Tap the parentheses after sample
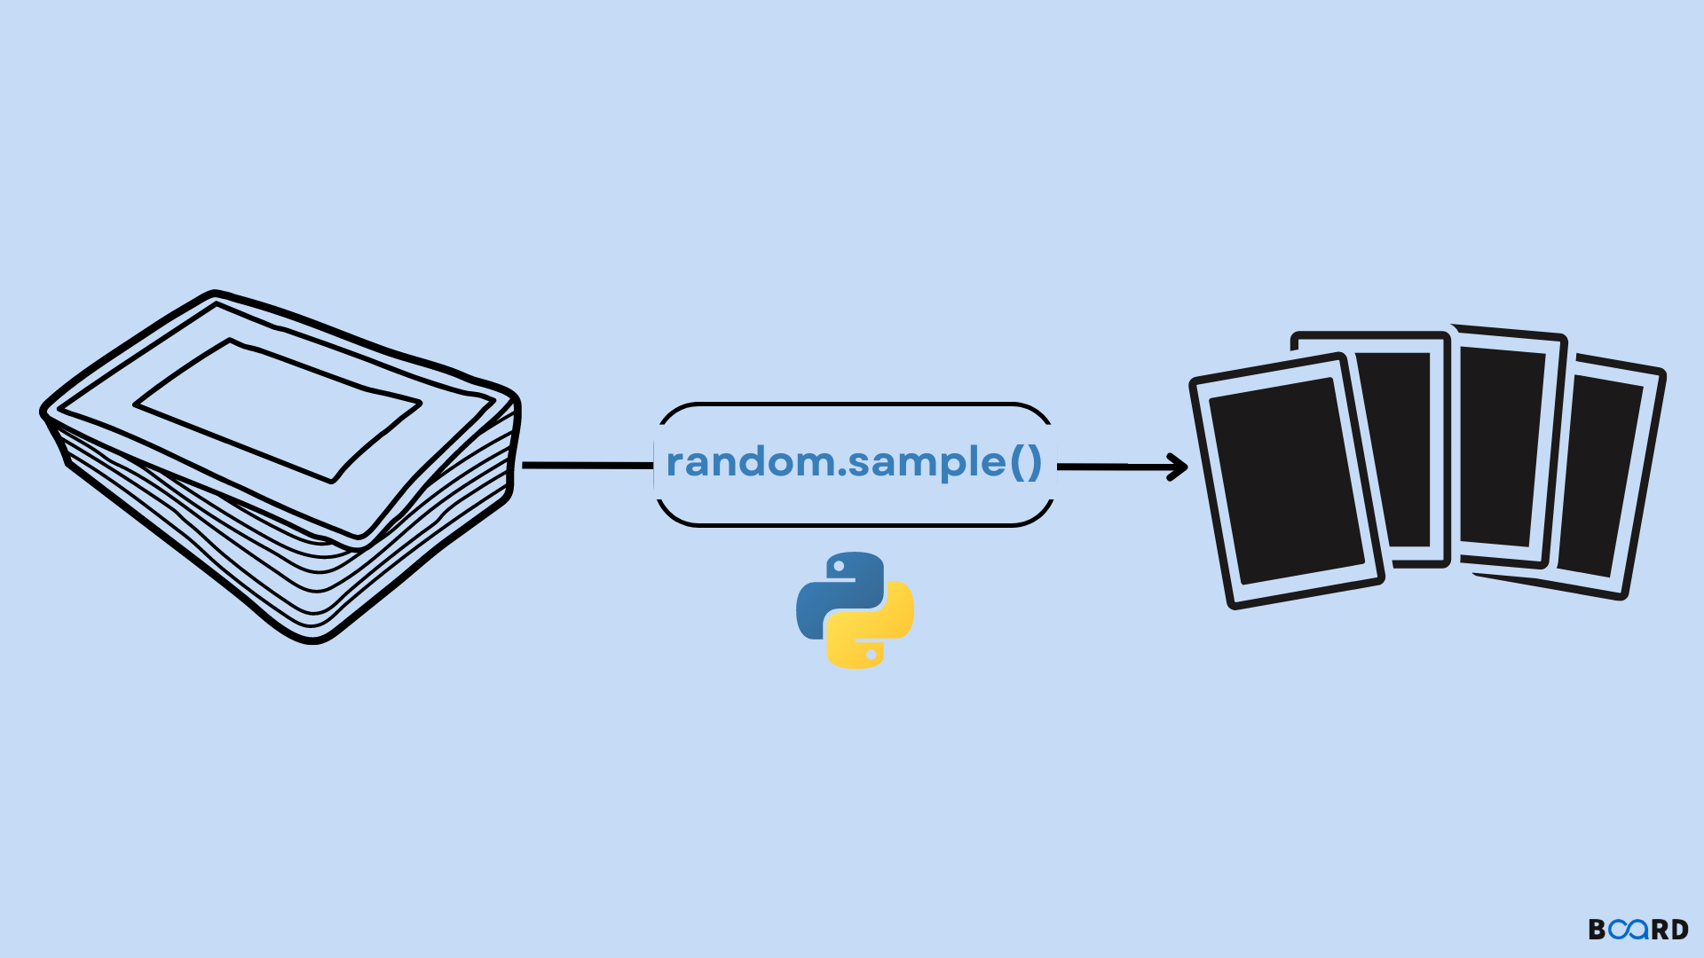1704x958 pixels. click(1025, 462)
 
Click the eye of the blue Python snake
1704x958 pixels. click(839, 567)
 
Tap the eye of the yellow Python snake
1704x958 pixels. click(872, 655)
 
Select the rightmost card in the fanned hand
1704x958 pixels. click(1606, 475)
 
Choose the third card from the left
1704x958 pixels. click(1503, 444)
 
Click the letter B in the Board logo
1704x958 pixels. click(1597, 930)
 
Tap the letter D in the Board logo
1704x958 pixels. click(1678, 930)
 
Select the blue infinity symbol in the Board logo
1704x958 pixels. click(1629, 930)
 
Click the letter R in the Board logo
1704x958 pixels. click(1658, 930)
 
